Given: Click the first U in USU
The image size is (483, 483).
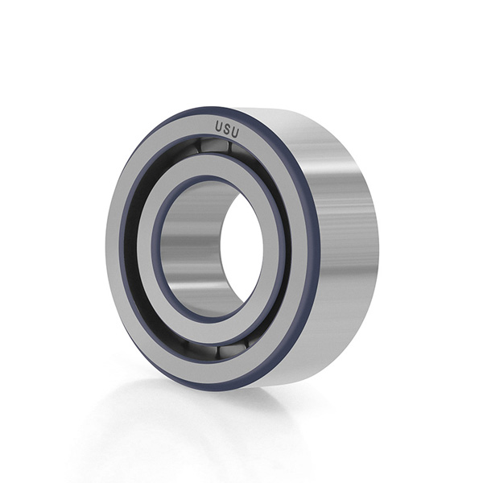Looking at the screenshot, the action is coord(218,126).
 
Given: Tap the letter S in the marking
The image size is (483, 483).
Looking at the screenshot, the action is coord(226,130).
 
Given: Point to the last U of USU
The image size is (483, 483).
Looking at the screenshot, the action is coord(235,133).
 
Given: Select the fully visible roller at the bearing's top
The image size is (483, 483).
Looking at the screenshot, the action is coord(213,145).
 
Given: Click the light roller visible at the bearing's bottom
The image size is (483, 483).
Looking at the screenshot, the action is coord(232,350).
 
